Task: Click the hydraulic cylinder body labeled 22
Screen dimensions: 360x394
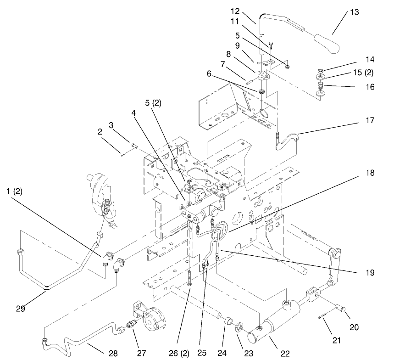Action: click(278, 327)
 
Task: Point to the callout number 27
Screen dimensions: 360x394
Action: click(141, 353)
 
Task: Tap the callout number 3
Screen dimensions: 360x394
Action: click(111, 125)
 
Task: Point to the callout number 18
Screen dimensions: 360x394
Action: click(370, 173)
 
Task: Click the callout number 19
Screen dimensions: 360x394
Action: click(370, 273)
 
